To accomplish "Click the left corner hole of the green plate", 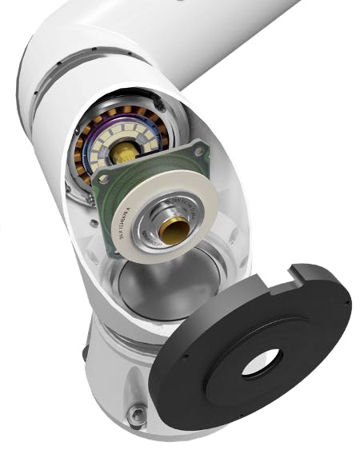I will coord(99,188).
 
